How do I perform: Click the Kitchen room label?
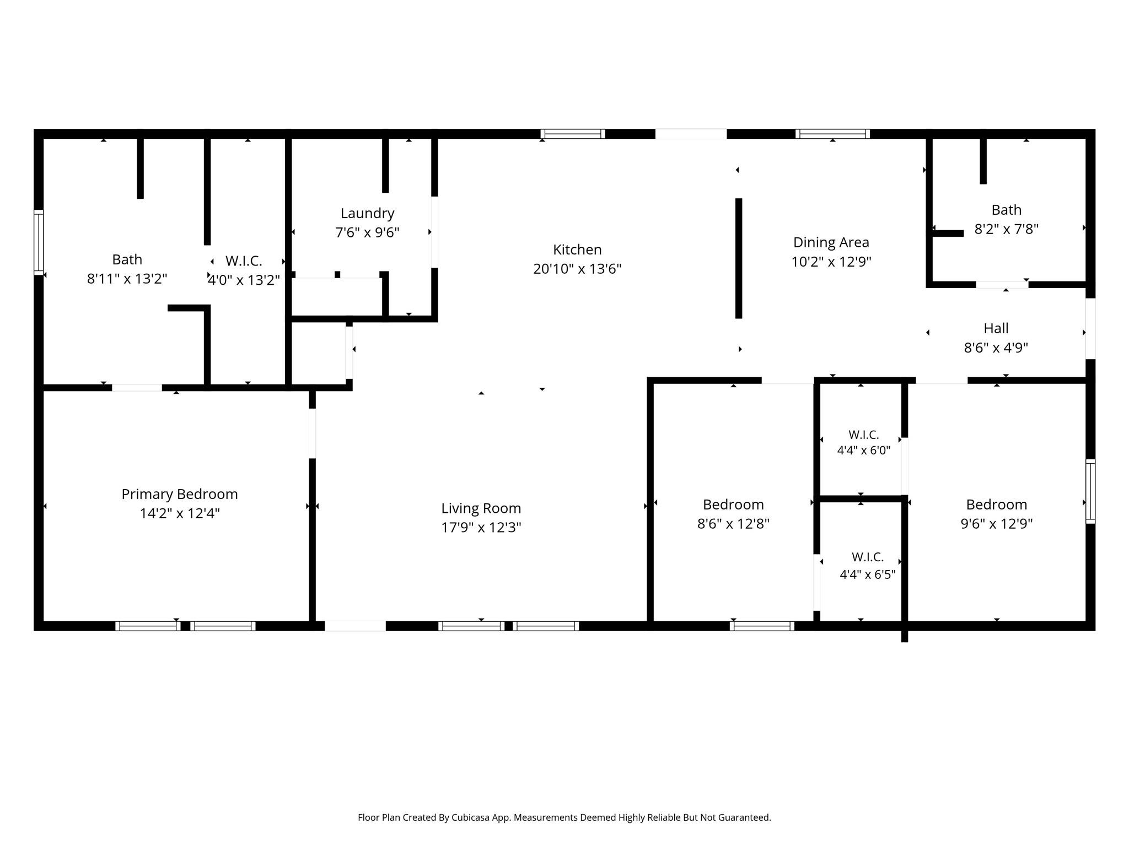pos(577,250)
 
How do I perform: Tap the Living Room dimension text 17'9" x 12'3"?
pos(481,528)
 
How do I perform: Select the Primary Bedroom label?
pos(180,494)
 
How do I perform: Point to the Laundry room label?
pos(367,213)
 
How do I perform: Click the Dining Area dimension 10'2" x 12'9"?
pos(831,262)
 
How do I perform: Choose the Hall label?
pos(996,328)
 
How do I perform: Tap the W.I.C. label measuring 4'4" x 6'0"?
pos(863,435)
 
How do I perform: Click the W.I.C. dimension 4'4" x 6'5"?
pos(868,575)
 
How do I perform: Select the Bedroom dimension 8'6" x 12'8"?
pos(733,523)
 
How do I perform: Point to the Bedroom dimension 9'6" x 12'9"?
pos(997,523)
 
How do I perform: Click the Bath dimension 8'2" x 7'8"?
pos(1007,229)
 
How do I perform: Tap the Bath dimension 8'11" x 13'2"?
pos(127,279)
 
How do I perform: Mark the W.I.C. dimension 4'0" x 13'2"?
pos(244,280)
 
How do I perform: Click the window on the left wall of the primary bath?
pos(39,242)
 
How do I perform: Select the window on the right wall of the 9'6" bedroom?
pos(1090,491)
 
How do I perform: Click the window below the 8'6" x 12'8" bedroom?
pos(762,626)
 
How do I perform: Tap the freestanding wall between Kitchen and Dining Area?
pos(739,258)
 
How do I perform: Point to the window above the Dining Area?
pos(832,134)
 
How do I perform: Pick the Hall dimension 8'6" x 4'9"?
pos(996,348)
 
